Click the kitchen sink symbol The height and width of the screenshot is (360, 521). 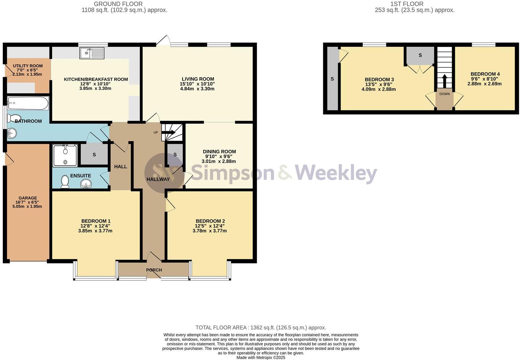tap(92, 53)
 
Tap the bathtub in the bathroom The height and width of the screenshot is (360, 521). tap(28, 103)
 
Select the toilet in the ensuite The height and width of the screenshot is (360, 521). tap(65, 181)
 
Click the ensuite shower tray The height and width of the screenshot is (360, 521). tap(65, 155)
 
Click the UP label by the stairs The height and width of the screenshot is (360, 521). tap(156, 133)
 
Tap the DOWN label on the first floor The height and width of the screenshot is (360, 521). tap(444, 94)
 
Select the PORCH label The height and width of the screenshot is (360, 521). tap(154, 270)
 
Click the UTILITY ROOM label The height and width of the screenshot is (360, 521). tap(28, 66)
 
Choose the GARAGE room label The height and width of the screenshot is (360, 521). tap(28, 198)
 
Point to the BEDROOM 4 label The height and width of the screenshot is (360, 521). tap(485, 74)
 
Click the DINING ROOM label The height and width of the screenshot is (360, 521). tap(219, 152)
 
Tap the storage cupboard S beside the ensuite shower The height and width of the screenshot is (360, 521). tap(94, 155)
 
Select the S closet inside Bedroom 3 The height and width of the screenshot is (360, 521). tap(420, 55)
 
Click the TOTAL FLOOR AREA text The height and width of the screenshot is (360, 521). tap(260, 327)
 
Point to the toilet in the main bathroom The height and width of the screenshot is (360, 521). tap(15, 118)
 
